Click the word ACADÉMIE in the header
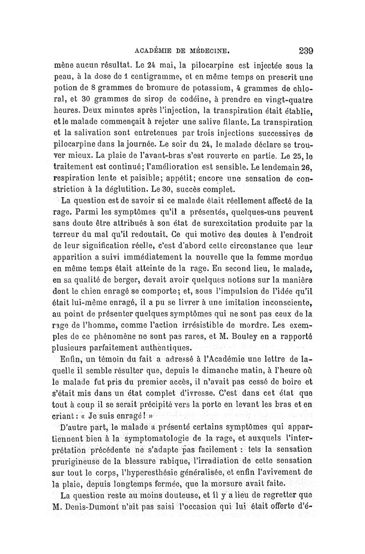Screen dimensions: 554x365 pyautogui.click(x=155, y=51)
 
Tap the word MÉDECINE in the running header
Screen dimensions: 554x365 pyautogui.click(x=214, y=51)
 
